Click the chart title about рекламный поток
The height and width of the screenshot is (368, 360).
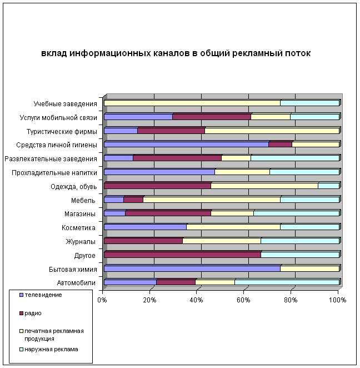point(176,53)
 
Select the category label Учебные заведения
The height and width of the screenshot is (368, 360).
point(65,103)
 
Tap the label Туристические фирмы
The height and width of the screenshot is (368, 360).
point(62,131)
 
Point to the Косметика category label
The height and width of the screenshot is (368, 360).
point(78,228)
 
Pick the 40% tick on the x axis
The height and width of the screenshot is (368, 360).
point(196,300)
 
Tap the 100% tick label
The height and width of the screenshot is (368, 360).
point(337,300)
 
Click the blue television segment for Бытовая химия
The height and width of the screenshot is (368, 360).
point(192,268)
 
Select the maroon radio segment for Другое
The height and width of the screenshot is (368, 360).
point(182,255)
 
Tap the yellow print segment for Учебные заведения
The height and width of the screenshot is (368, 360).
point(192,103)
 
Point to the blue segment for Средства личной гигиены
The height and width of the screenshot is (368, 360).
point(186,144)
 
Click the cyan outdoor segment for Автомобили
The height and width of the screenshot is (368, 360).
point(287,282)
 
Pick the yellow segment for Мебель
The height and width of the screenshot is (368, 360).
point(212,200)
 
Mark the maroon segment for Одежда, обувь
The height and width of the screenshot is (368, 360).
point(157,186)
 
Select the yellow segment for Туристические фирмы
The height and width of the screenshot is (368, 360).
point(272,131)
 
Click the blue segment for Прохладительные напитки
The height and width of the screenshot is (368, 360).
point(159,172)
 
